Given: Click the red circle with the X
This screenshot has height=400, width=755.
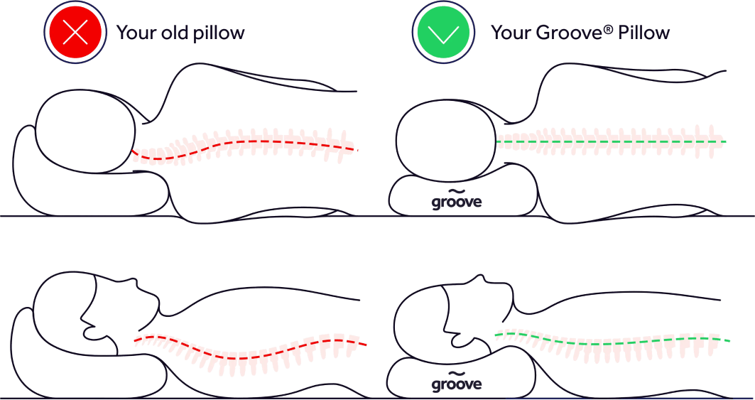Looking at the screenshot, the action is pos(75,33).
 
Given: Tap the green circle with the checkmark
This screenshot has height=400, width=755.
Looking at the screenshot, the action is pos(443,33).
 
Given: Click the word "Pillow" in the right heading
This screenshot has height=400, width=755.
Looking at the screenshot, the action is pos(644,33).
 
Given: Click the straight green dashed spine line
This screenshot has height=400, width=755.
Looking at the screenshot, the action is pos(611,141).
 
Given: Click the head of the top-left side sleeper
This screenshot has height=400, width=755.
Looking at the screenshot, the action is pos(85,131).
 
